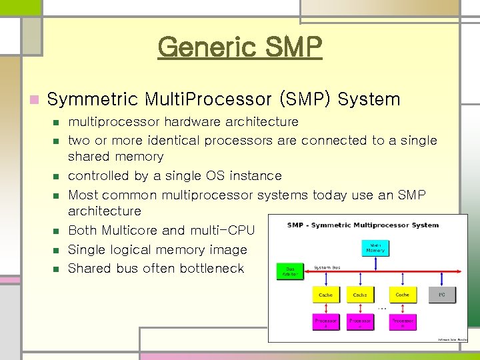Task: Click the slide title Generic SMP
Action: (x=240, y=47)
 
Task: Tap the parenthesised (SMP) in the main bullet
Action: (x=305, y=100)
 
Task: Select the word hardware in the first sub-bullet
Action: (x=193, y=122)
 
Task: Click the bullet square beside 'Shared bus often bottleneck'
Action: (x=56, y=269)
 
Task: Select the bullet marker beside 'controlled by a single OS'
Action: (x=56, y=177)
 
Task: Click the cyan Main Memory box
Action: (x=375, y=247)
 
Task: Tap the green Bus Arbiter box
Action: (x=290, y=271)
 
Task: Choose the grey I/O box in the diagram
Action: (x=441, y=294)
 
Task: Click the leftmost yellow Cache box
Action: (x=325, y=294)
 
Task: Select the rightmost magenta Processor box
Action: (x=403, y=321)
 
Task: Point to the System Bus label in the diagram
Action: (x=327, y=267)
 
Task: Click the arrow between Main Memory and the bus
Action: (x=375, y=264)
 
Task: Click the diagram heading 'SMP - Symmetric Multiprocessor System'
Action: (x=363, y=225)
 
